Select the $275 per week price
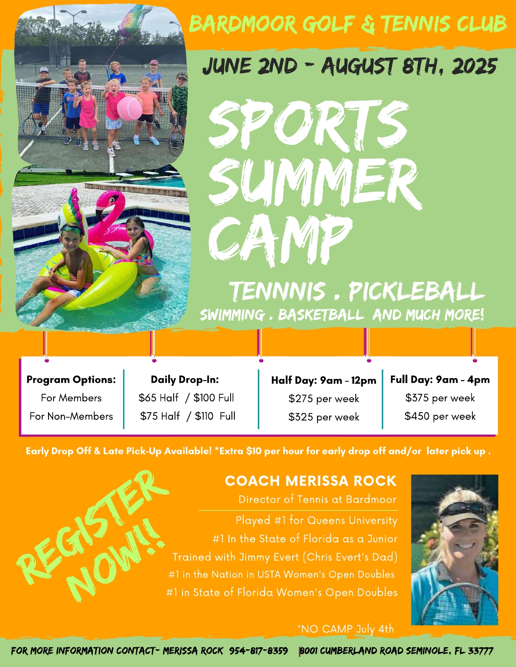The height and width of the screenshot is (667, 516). (324, 398)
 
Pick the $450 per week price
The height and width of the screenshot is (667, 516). (440, 416)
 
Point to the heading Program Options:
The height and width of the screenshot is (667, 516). (71, 380)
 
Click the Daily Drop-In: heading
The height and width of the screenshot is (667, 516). (185, 380)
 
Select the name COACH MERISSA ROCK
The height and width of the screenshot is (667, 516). (311, 481)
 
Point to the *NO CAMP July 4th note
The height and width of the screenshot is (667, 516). (345, 629)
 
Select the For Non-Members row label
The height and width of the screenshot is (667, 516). (71, 416)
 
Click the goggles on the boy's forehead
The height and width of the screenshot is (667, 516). (70, 229)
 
